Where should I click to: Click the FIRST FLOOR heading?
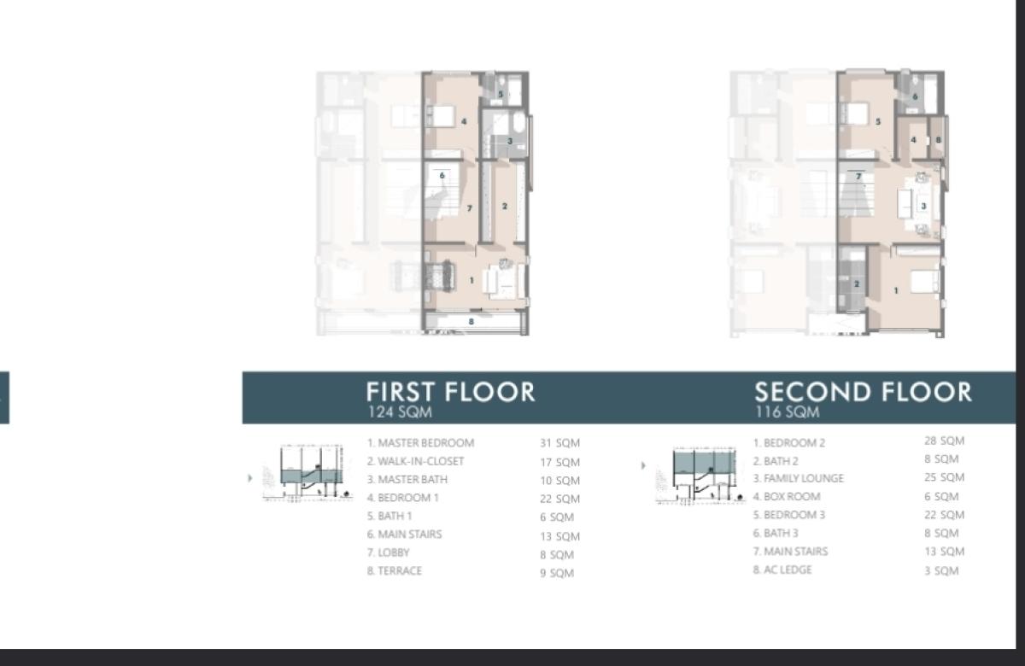click(x=450, y=392)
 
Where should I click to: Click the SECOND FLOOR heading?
click(x=863, y=392)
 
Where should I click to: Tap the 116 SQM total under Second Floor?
click(x=787, y=412)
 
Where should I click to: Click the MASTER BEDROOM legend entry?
click(x=420, y=443)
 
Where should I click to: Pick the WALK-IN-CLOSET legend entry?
click(x=416, y=461)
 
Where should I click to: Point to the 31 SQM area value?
click(x=559, y=443)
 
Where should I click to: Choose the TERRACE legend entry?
click(x=395, y=570)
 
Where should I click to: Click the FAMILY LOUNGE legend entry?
click(x=798, y=478)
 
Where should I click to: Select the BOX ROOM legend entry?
click(x=786, y=496)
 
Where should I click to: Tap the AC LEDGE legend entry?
click(x=782, y=570)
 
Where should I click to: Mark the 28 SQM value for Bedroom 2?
click(x=944, y=441)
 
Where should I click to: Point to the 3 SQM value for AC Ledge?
click(x=941, y=570)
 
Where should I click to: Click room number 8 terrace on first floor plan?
click(x=471, y=322)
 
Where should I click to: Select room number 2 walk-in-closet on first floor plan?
click(x=505, y=206)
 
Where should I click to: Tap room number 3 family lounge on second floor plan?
click(x=923, y=206)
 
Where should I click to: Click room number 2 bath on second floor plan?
click(x=856, y=283)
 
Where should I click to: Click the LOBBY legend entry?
click(x=389, y=552)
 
